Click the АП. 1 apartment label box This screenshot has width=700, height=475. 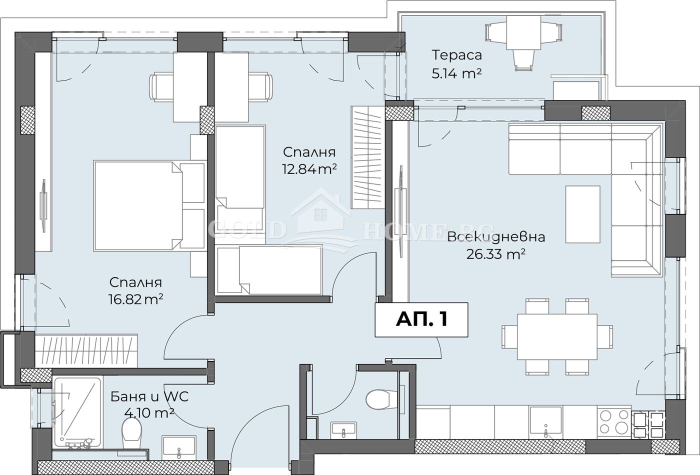[421, 319]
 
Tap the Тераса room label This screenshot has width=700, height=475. [456, 55]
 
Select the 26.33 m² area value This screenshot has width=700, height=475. [495, 254]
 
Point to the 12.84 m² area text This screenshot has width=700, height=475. [309, 169]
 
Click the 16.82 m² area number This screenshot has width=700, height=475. [136, 299]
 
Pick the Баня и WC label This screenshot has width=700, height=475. [149, 396]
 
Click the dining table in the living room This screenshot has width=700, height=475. [557, 336]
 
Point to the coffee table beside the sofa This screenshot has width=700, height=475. [583, 214]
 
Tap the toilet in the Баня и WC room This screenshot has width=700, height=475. [131, 434]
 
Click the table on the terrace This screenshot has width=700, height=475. [523, 33]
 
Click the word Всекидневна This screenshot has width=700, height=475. [496, 236]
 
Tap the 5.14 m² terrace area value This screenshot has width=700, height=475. [456, 74]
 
